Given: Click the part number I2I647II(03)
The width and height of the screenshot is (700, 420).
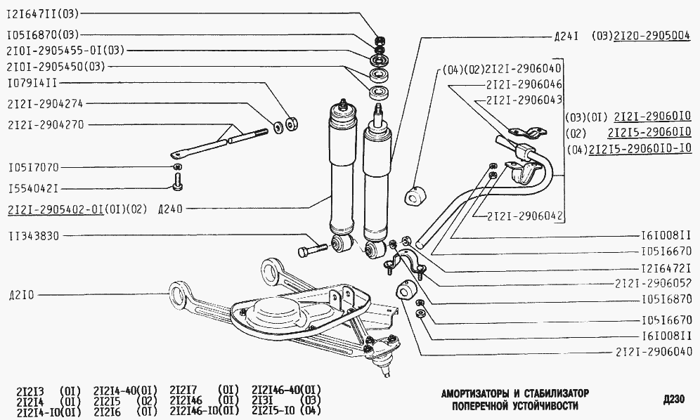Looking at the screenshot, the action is [43, 14].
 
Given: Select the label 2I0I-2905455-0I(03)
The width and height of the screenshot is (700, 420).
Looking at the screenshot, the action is [65, 51].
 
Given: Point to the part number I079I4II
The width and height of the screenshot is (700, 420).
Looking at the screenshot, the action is [32, 84].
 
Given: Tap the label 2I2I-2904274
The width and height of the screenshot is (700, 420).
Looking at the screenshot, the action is [46, 104].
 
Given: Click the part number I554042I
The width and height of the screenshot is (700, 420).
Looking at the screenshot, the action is [34, 189].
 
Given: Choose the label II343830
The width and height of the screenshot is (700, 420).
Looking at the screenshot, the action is [34, 236].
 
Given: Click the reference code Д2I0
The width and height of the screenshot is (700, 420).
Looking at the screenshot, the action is [21, 296].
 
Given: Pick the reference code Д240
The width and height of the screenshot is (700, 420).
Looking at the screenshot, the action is [171, 209].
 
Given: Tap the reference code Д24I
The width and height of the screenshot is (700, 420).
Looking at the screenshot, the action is [566, 37].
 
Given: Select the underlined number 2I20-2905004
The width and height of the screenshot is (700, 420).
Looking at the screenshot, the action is [652, 36].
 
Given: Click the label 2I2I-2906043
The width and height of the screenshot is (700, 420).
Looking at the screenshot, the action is [524, 100].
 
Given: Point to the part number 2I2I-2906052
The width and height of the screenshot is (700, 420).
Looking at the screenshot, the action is [653, 283].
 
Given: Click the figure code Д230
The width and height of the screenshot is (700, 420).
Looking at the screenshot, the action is [674, 399].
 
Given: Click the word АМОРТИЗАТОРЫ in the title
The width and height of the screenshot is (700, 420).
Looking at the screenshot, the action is [475, 394].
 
